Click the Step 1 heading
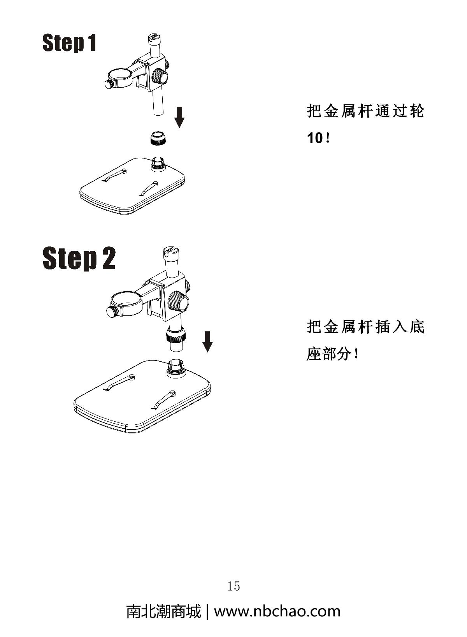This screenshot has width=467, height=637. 69,43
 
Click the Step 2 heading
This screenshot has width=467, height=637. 79,258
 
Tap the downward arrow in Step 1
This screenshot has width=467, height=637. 179,117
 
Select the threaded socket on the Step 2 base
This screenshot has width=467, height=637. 177,367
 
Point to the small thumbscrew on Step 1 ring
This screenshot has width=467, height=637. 110,84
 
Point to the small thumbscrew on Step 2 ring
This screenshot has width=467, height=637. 112,311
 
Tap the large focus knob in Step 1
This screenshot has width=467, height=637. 160,76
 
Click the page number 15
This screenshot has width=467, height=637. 233,586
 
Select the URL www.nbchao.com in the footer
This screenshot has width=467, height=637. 277,611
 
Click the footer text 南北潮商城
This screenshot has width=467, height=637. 163,611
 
